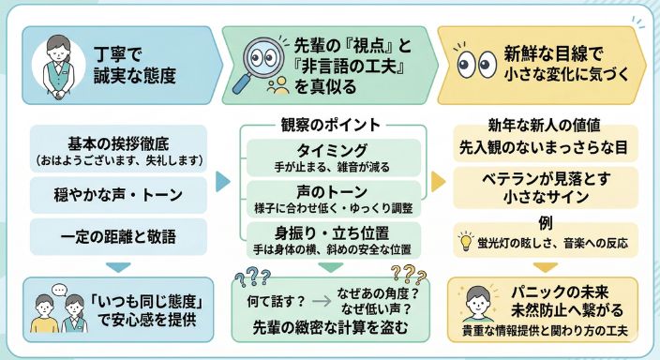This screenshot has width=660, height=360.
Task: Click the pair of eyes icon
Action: pos(476,63)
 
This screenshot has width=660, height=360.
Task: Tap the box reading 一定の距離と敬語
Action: pos(116,232)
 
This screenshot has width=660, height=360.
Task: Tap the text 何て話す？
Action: pos(277,302)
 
